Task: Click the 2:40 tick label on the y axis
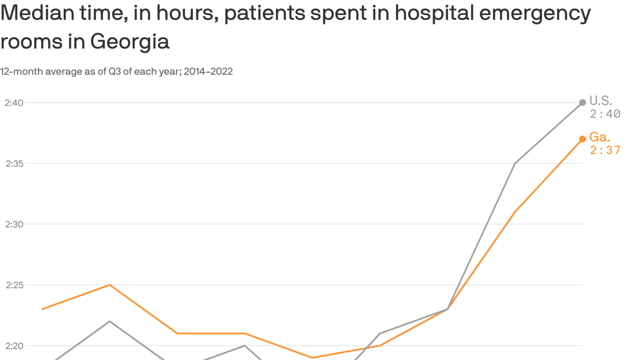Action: (14, 103)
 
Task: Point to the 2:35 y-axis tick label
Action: (14, 164)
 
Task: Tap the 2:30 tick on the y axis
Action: (14, 224)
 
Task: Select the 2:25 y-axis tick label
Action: (14, 285)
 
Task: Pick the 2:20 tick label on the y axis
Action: (14, 346)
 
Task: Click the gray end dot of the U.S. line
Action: (582, 103)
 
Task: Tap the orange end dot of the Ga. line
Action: (582, 139)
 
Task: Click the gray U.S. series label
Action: (600, 100)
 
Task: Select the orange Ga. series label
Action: (600, 137)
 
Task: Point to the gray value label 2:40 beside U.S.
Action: (605, 114)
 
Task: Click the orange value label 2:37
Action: (605, 150)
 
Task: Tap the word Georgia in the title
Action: (129, 42)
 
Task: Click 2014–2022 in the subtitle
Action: (208, 72)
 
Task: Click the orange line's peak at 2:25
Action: (110, 285)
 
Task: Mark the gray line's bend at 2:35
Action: (515, 164)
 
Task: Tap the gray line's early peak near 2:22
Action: (110, 321)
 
